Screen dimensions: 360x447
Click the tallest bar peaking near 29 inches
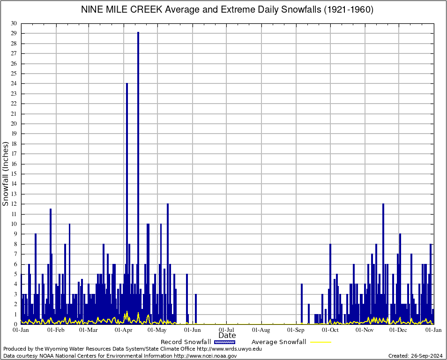138,178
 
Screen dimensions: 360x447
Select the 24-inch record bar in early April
127,202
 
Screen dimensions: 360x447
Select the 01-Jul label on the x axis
227,330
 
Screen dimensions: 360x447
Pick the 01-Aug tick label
261,330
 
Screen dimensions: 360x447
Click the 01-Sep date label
296,330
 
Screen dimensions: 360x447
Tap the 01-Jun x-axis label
192,330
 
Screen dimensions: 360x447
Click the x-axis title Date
227,336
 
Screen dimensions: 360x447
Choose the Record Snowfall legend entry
186,342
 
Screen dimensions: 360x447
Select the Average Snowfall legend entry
278,342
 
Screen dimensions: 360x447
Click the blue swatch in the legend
224,342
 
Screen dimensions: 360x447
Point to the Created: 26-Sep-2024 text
415,356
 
